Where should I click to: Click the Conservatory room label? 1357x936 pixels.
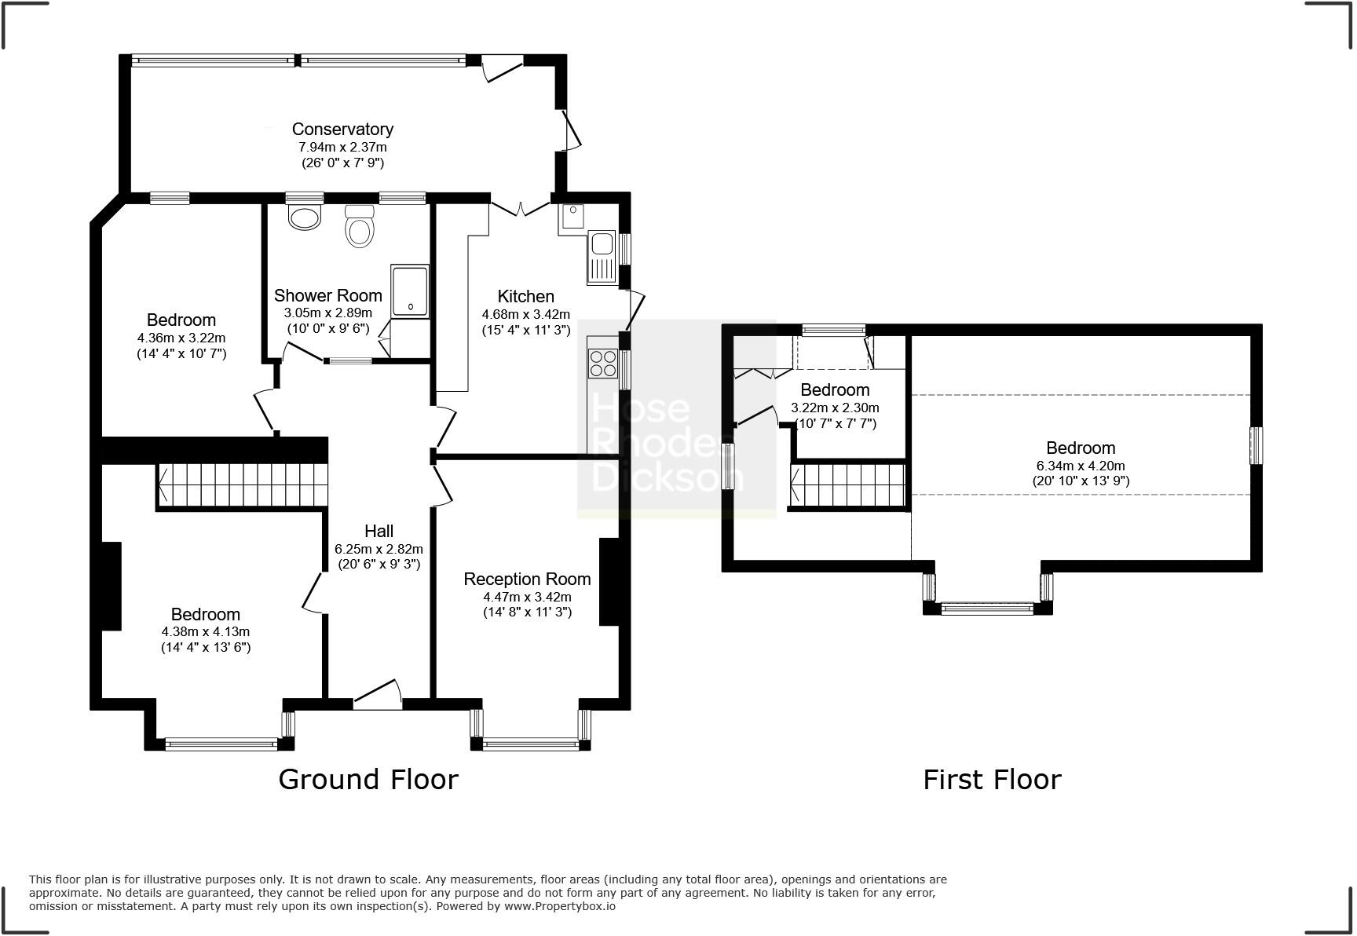(x=342, y=129)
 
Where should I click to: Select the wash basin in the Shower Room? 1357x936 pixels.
(x=305, y=217)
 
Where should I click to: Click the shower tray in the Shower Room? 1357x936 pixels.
(x=410, y=291)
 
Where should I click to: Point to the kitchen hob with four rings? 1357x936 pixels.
(x=602, y=364)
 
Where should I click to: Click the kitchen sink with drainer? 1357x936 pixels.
(x=602, y=257)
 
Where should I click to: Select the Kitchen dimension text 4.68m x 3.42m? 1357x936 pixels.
(x=525, y=314)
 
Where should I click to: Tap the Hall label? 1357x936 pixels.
(x=379, y=532)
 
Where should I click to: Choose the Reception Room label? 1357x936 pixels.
(x=527, y=580)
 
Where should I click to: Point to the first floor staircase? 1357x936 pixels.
(x=848, y=484)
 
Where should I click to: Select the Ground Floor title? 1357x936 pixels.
(x=368, y=780)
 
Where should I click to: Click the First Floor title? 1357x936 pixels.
(x=991, y=780)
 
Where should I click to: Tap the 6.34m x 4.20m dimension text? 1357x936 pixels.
(x=1081, y=466)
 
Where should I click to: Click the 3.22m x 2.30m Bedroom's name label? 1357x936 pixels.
(x=835, y=390)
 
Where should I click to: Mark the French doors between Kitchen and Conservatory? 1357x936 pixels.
(x=520, y=207)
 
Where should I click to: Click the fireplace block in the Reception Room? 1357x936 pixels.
(x=609, y=581)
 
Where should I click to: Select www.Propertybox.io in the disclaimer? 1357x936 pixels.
(x=559, y=906)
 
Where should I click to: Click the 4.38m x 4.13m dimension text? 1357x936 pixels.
(x=206, y=631)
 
